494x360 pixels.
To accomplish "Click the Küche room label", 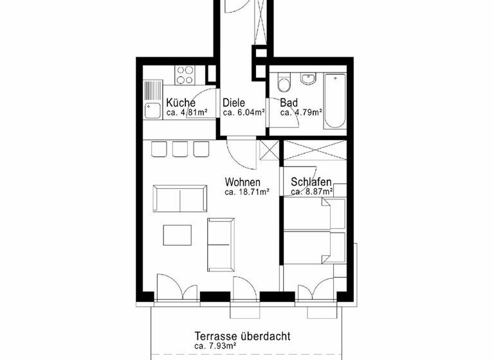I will (x=180, y=103).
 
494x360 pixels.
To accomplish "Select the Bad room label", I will (x=289, y=103).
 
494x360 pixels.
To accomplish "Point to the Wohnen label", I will (x=242, y=182).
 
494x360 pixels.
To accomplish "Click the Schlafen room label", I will (x=311, y=182).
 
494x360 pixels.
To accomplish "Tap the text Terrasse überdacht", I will (x=242, y=336).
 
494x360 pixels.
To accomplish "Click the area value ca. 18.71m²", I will (x=246, y=192).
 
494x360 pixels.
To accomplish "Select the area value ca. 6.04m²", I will (x=244, y=113).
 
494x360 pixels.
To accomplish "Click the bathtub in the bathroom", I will (x=335, y=101).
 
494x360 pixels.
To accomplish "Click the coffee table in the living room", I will (x=177, y=235).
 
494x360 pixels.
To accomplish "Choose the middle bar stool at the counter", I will (x=180, y=149).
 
